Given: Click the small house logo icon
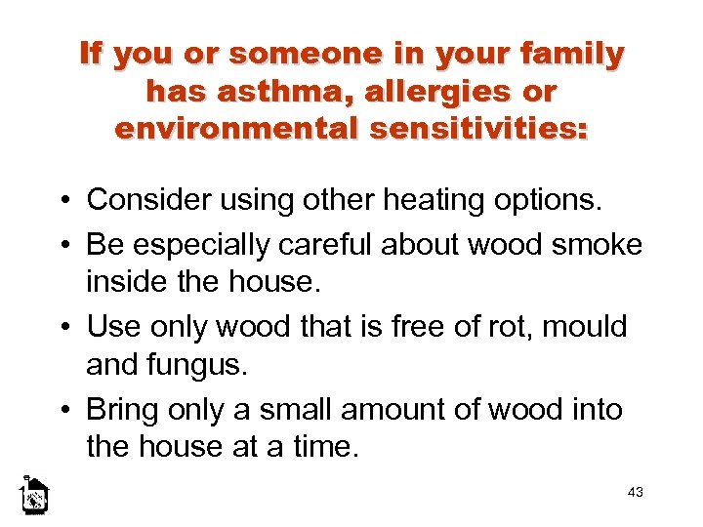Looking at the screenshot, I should point(35,496).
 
